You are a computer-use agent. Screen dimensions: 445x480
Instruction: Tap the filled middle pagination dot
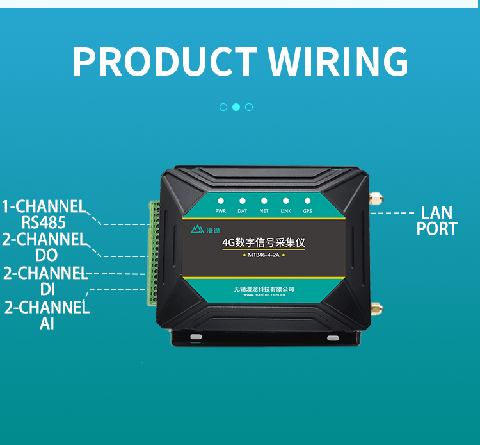point(236,107)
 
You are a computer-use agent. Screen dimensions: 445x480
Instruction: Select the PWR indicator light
point(220,201)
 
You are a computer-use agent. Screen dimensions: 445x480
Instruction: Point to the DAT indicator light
point(243,201)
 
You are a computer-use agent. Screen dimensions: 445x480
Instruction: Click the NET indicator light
point(264,201)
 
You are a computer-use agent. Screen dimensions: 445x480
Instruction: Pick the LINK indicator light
point(285,201)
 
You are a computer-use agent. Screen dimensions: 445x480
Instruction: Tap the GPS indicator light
point(307,201)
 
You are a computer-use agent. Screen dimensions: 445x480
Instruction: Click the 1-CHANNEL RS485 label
point(44,215)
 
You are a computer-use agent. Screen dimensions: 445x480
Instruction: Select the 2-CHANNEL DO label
point(44,247)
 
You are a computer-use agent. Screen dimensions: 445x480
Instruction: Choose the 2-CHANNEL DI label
point(45,281)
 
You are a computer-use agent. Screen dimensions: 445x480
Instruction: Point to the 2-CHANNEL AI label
point(47,315)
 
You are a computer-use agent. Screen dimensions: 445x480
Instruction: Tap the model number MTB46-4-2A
point(264,255)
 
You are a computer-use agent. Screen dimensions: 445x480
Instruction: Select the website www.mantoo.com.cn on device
point(264,296)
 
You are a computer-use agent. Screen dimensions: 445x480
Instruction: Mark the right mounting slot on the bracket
point(333,338)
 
